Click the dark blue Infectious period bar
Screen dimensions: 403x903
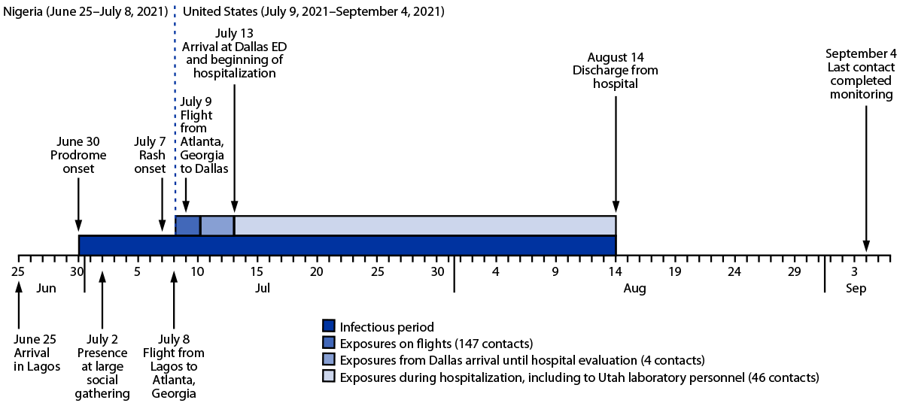click(x=347, y=245)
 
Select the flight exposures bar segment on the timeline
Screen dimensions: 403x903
click(x=187, y=226)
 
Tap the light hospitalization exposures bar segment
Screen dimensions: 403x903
click(x=424, y=226)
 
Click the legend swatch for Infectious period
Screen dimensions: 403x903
click(x=328, y=327)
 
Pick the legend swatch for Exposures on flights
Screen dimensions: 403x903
click(x=328, y=343)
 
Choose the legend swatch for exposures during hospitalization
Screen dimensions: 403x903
click(x=328, y=375)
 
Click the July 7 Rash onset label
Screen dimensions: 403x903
click(x=150, y=155)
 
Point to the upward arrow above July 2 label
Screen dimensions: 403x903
click(x=102, y=300)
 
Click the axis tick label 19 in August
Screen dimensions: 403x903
click(x=674, y=271)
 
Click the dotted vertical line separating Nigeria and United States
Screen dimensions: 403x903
click(x=175, y=113)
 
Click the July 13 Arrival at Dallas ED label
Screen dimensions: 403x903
click(x=235, y=53)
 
